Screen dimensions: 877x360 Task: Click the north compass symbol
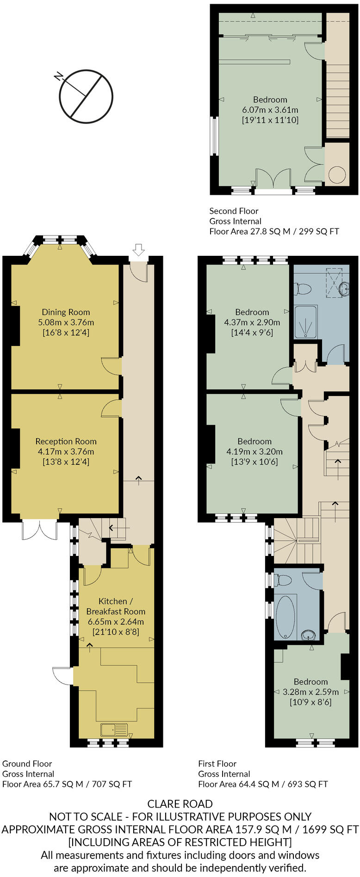click(86, 96)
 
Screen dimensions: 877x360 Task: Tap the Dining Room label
click(66, 312)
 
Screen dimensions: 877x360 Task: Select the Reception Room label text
click(66, 441)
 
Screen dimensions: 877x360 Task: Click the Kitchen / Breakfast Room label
click(115, 606)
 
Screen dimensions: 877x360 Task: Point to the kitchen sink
click(114, 730)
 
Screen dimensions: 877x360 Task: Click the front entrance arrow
click(138, 250)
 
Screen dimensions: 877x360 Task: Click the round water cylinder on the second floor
click(336, 174)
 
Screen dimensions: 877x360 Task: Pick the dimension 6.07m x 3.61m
click(270, 110)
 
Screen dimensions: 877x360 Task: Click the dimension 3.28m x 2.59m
click(310, 692)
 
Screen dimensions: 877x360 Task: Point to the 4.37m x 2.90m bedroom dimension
click(252, 322)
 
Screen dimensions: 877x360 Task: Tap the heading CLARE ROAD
click(180, 804)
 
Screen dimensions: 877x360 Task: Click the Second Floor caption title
click(234, 211)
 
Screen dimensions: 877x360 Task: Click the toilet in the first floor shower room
click(303, 289)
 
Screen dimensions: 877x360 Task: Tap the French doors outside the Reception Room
click(40, 530)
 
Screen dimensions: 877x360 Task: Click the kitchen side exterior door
click(62, 676)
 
